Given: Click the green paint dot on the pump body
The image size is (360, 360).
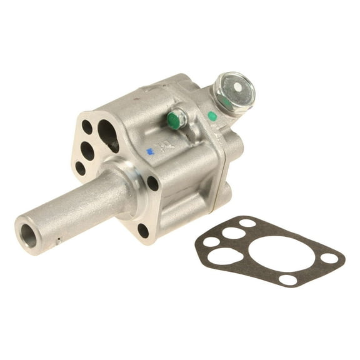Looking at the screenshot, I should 212,116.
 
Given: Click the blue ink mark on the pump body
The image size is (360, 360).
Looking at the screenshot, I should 149,151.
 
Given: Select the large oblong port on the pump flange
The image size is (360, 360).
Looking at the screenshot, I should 108,135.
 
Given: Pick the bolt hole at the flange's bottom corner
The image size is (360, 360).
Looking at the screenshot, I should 143,230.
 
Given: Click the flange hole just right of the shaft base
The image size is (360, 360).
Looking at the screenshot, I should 152,182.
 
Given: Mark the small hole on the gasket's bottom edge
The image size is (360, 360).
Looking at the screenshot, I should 288,279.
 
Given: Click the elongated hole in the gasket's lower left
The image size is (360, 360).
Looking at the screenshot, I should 226,256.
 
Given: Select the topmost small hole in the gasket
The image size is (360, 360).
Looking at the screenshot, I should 247,222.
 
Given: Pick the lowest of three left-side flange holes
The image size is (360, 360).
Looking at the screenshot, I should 80,167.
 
